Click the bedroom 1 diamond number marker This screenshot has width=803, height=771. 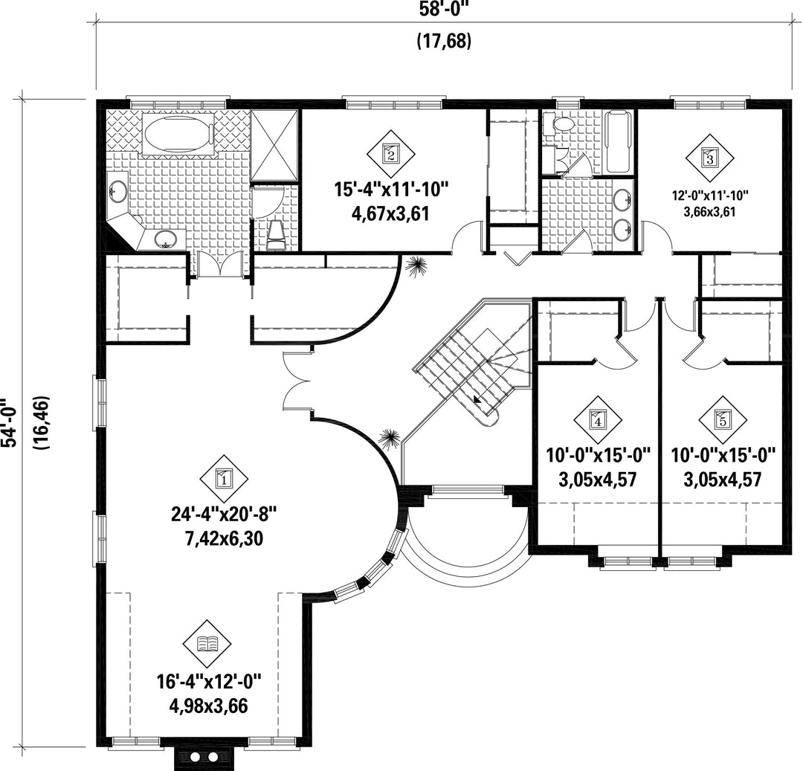coord(223,480)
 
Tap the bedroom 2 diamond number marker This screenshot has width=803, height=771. coord(391,154)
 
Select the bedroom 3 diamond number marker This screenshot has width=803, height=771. coord(709,158)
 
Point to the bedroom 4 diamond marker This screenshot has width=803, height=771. coord(598,420)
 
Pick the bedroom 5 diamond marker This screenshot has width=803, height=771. coord(723,420)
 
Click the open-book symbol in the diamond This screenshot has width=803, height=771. coord(207,644)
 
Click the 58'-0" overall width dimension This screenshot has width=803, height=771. coord(443,9)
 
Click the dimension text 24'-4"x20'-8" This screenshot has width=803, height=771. coord(224,514)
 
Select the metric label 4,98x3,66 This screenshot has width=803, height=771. coord(208,706)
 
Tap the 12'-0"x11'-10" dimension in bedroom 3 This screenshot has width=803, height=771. coord(710,195)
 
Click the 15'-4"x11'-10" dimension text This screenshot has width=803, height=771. coord(392,190)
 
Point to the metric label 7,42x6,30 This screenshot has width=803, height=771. coord(224,538)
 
